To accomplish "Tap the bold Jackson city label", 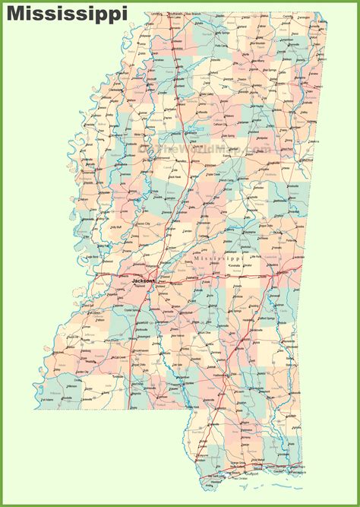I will tap(142, 280).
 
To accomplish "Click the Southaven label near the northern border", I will tap(176, 14).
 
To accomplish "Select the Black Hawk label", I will tap(175, 176).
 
